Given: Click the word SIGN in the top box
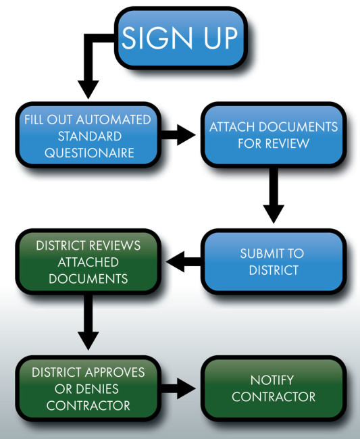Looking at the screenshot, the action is [157, 38].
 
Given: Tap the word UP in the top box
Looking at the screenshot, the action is [220, 38].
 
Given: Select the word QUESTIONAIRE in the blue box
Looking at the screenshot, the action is [89, 153].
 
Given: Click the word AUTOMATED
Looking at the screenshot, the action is [113, 120].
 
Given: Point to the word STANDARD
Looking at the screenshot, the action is [90, 136].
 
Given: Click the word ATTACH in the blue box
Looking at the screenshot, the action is [232, 127].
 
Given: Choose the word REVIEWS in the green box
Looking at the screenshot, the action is [115, 246].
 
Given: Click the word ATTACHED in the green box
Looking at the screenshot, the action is [88, 262].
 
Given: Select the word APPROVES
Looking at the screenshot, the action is [115, 372].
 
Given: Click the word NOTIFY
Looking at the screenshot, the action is [272, 380].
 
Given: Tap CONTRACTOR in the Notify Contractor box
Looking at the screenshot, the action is [274, 397].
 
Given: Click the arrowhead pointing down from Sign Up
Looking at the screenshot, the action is [88, 89].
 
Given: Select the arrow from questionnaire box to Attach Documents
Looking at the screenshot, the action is [178, 135].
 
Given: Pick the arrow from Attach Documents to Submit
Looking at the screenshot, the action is [274, 195].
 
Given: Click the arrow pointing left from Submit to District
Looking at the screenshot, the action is [183, 262].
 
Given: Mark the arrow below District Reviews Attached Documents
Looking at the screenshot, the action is [88, 322].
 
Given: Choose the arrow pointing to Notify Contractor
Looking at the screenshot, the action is [178, 388].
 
